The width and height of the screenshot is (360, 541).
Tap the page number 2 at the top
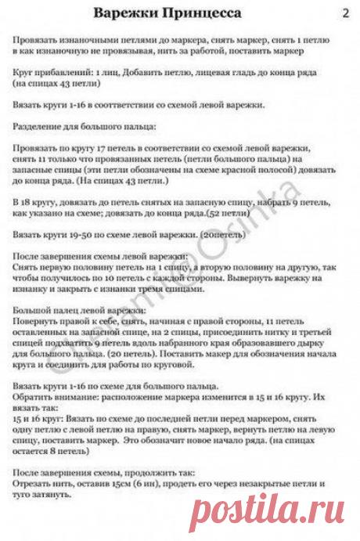point(346,13)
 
